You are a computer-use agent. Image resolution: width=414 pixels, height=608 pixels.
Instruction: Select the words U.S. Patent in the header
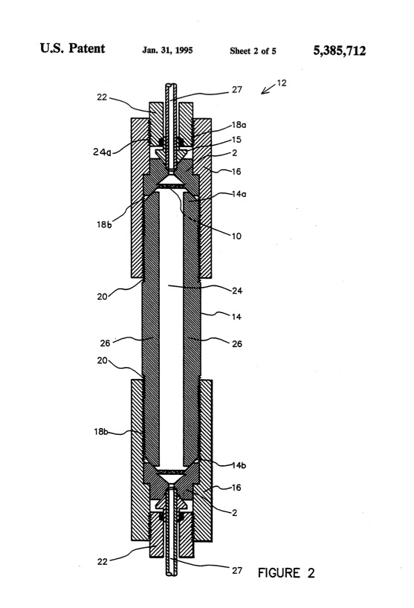[x=61, y=34]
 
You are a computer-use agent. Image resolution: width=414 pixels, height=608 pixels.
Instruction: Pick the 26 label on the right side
[x=236, y=344]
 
